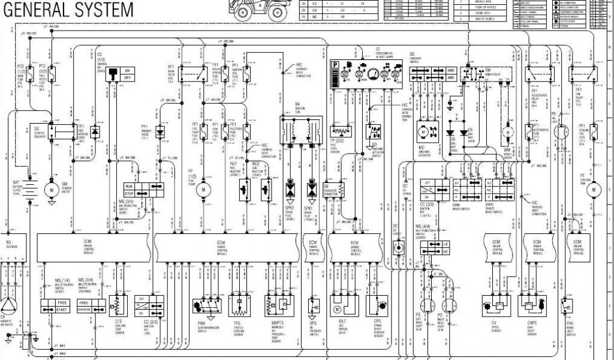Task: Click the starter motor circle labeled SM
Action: tap(52, 190)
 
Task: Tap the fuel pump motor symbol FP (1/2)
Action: tap(203, 190)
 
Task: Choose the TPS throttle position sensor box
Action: tap(239, 305)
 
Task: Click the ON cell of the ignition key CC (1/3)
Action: tap(127, 70)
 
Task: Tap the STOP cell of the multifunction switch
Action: tap(130, 194)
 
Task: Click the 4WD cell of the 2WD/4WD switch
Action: tap(452, 79)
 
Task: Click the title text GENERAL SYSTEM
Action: tap(67, 10)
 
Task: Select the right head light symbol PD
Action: tap(440, 304)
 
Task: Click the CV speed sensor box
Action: tap(497, 305)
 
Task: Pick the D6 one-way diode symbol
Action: tap(451, 132)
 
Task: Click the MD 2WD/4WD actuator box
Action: tap(422, 131)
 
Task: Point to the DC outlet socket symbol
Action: tap(396, 247)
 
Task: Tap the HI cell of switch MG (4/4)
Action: tap(446, 244)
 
